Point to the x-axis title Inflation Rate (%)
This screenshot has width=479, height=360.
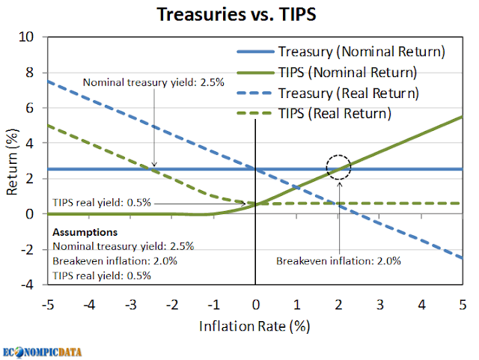[254, 326]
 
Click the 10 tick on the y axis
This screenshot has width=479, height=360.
[26, 36]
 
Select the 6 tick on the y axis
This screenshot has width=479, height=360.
[30, 107]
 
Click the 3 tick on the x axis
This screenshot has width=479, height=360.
[380, 305]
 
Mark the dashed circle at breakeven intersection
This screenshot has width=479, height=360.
[338, 168]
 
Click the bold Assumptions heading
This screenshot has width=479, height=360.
[85, 232]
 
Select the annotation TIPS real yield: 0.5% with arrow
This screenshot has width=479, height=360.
[102, 202]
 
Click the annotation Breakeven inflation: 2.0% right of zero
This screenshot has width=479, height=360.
[339, 261]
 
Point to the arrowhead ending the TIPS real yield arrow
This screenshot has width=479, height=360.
[247, 203]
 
